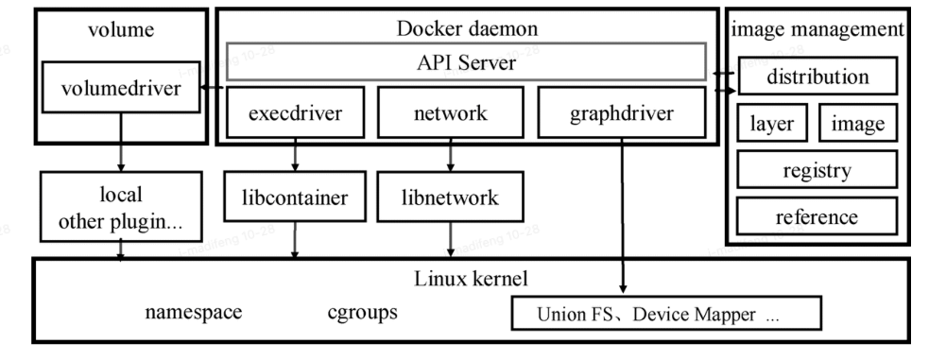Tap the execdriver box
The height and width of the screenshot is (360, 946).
[x=294, y=114]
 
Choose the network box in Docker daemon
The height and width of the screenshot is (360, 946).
[x=450, y=114]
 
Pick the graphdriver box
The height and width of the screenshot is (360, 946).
[x=622, y=114]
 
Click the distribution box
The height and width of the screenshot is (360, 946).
[x=817, y=77]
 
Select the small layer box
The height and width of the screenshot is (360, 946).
[x=771, y=124]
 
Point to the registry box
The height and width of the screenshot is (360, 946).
[x=816, y=171]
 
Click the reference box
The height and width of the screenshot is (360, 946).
[x=816, y=216]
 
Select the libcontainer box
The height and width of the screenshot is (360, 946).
[x=294, y=199]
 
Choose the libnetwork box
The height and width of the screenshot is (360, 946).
[x=450, y=199]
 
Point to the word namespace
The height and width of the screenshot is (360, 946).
[x=194, y=313]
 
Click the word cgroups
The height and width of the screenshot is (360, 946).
[x=362, y=313]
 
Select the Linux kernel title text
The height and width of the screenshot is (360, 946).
[x=469, y=280]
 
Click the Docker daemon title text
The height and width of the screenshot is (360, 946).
[x=468, y=27]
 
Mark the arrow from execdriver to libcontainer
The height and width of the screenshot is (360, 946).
[x=295, y=157]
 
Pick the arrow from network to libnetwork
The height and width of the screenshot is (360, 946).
[x=451, y=157]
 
